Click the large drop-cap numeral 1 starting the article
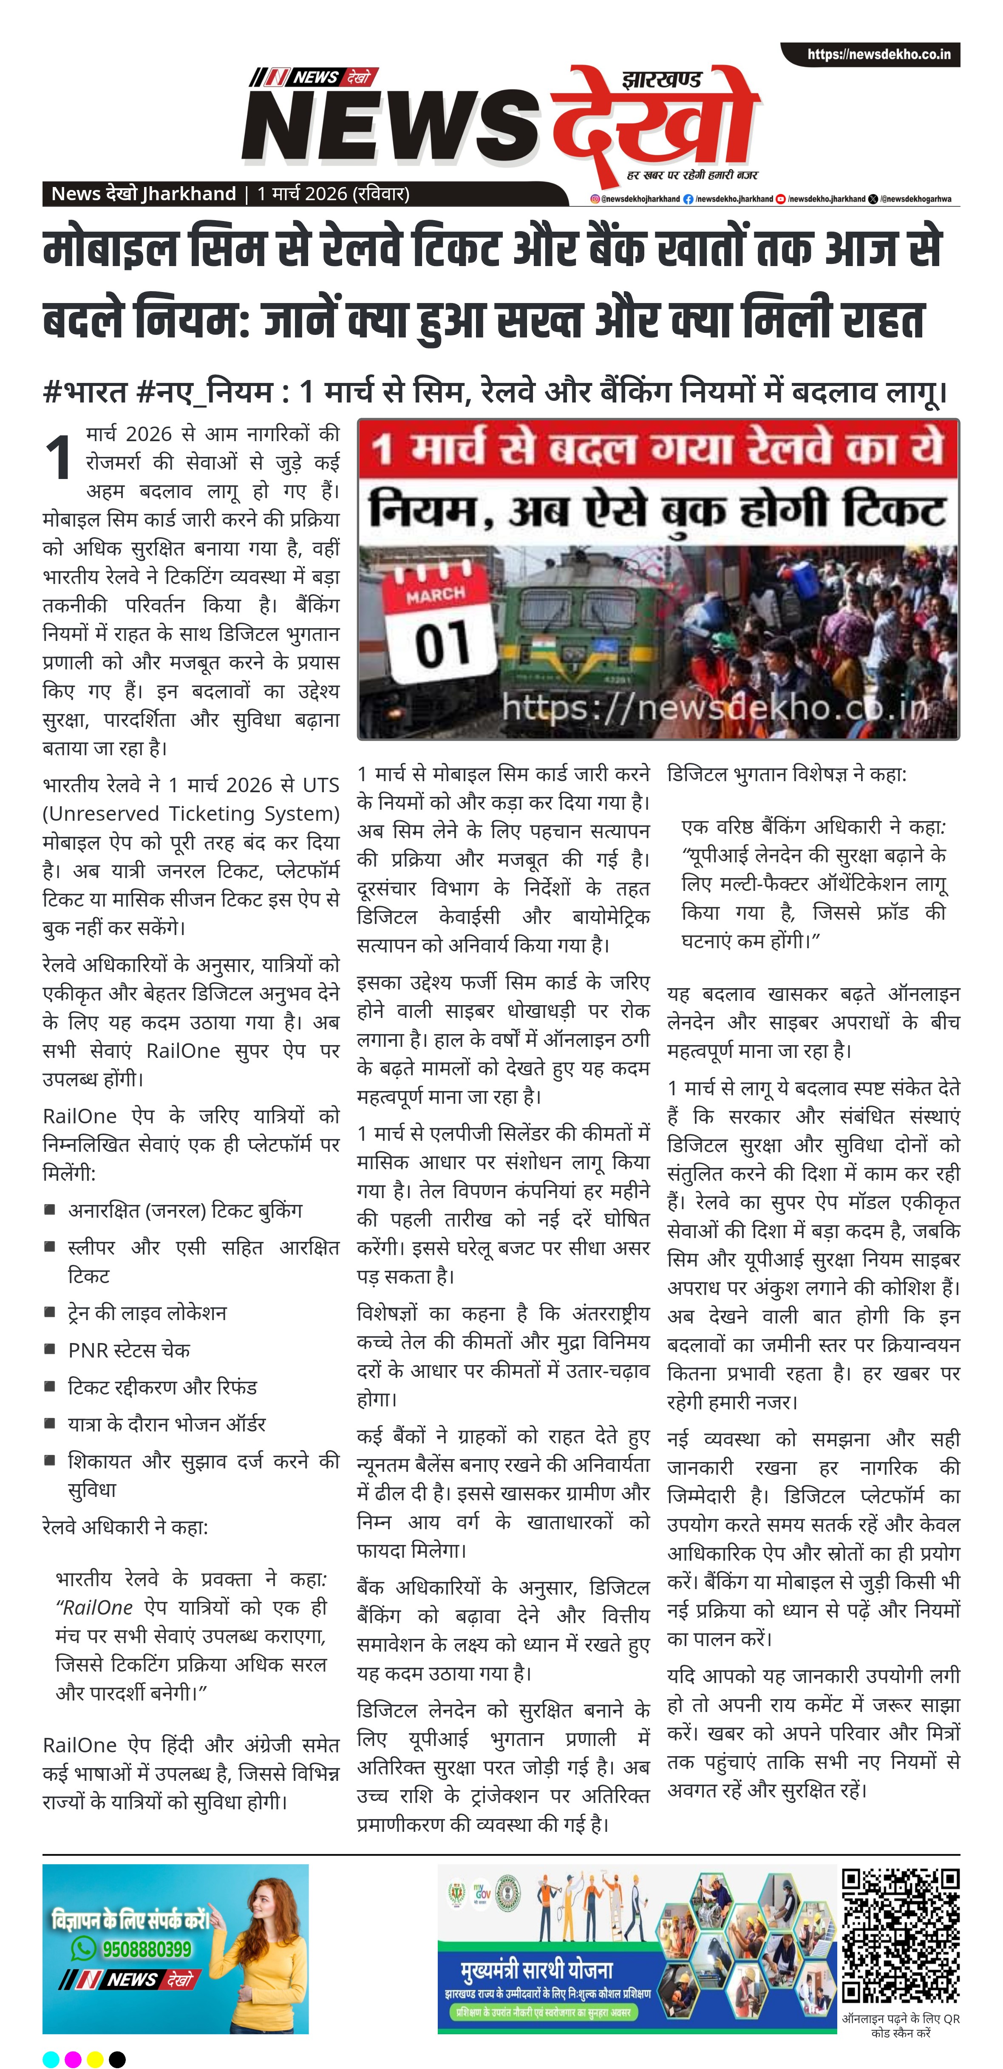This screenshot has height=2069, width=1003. [59, 458]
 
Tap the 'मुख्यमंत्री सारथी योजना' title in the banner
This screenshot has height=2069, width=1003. [536, 1971]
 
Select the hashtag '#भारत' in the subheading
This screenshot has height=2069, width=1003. [85, 393]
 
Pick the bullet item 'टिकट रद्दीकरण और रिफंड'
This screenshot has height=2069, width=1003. [162, 1387]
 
